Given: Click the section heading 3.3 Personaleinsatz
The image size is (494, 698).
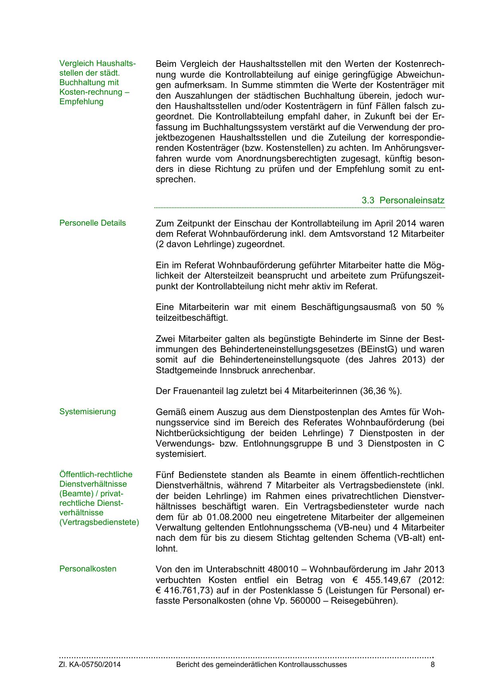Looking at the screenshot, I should pos(403,201).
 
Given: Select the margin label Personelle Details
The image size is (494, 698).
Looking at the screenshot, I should pos(92,223).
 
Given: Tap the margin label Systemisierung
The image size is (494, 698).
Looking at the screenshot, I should pos(88,412).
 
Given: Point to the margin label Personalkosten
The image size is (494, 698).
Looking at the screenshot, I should pos(88,569).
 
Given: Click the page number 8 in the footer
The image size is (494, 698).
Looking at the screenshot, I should pos(433,665).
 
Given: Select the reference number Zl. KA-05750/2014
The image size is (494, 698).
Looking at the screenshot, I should pos(90,665).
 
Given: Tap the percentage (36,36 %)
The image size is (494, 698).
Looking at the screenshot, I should pos(381,391).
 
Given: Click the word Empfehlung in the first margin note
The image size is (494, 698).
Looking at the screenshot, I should pos(81,102).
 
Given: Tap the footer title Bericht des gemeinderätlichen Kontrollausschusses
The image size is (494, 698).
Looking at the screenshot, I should pos(261,665).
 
